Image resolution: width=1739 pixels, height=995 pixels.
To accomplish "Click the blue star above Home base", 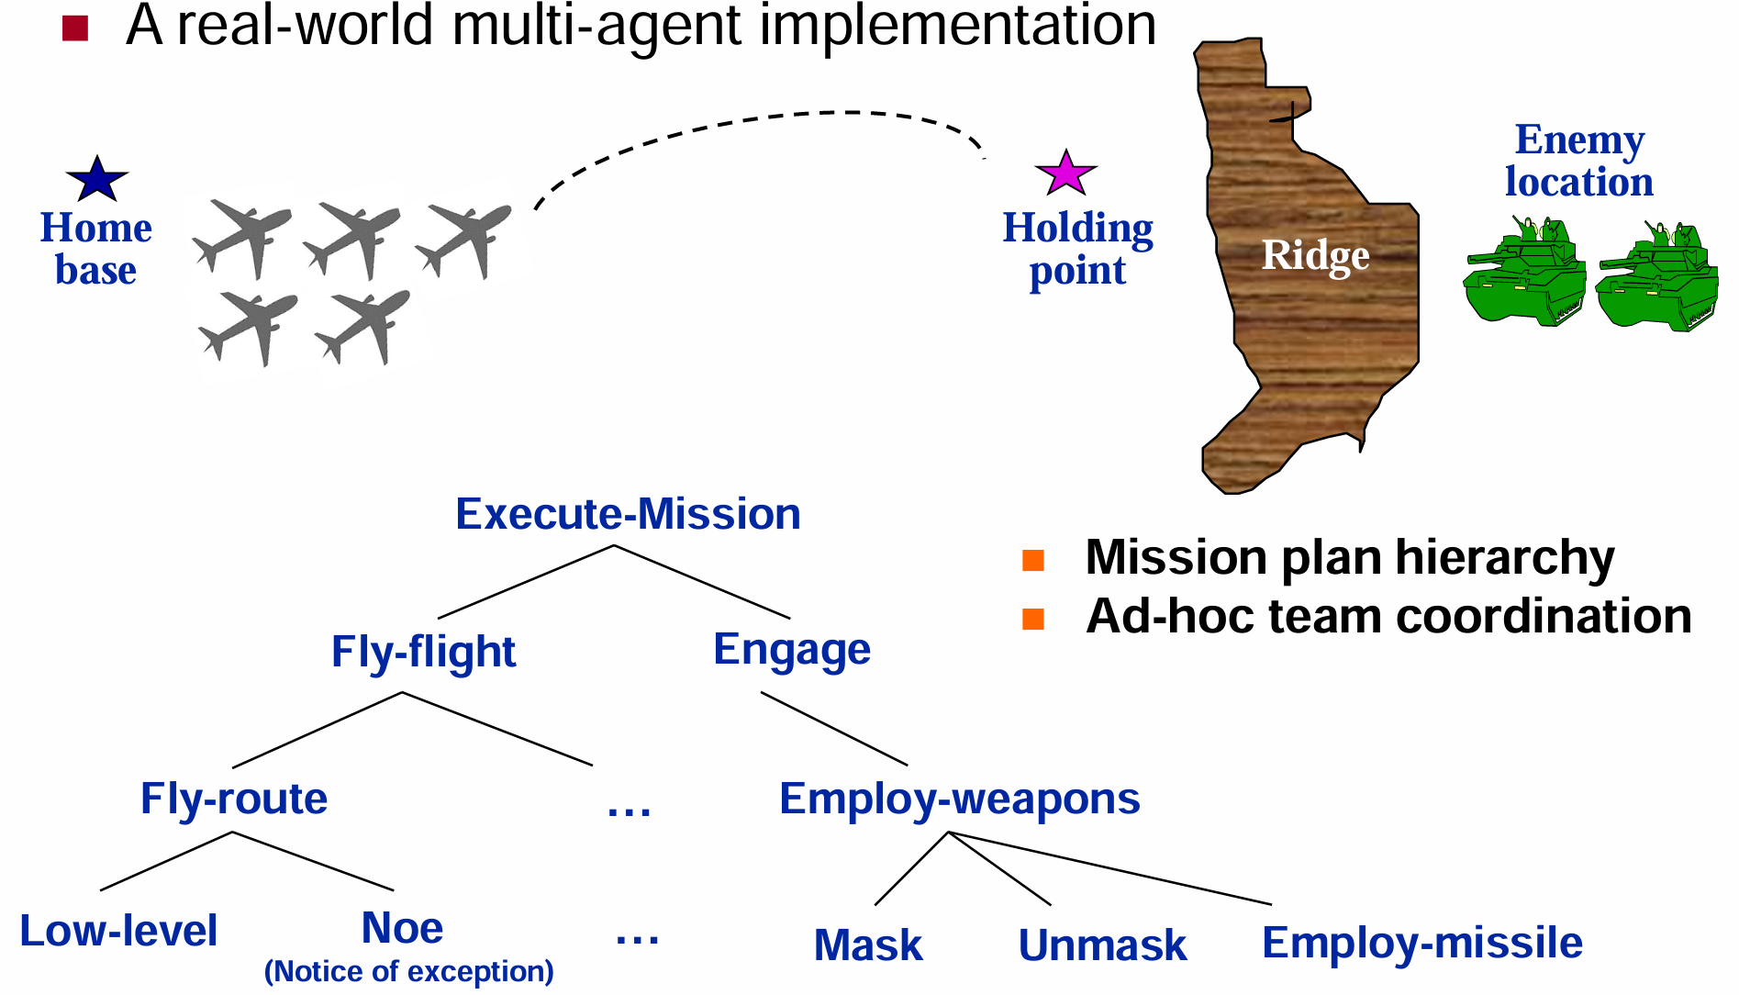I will pyautogui.click(x=97, y=179).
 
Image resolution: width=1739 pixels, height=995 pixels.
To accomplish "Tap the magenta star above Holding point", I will pyautogui.click(x=1065, y=173).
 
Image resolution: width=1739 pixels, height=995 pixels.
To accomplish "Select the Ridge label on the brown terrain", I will pyautogui.click(x=1315, y=255).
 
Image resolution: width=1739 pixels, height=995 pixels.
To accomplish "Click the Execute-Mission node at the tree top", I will pyautogui.click(x=628, y=514).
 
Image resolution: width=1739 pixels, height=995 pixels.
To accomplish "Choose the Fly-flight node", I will pyautogui.click(x=423, y=652).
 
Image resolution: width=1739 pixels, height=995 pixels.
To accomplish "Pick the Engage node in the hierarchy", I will pyautogui.click(x=792, y=650).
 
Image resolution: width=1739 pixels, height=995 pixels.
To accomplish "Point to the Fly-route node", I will pyautogui.click(x=234, y=799).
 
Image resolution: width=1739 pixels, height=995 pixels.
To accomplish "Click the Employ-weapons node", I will pyautogui.click(x=959, y=799).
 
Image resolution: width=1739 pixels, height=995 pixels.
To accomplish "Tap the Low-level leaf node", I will pyautogui.click(x=118, y=931).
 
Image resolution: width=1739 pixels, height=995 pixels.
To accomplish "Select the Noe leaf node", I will pyautogui.click(x=402, y=928).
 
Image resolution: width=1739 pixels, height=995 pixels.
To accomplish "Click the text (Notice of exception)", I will pyautogui.click(x=409, y=971).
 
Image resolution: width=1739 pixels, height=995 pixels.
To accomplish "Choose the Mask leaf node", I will pyautogui.click(x=868, y=945).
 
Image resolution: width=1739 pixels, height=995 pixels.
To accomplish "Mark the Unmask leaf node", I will pyautogui.click(x=1102, y=945).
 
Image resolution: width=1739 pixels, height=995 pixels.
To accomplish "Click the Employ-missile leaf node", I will pyautogui.click(x=1422, y=943).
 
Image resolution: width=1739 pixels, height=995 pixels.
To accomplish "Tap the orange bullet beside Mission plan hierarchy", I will pyautogui.click(x=1033, y=560).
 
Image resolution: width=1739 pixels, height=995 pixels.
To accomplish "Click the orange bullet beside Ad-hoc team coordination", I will pyautogui.click(x=1033, y=619).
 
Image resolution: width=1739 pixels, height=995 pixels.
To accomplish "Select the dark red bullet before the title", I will pyautogui.click(x=75, y=28).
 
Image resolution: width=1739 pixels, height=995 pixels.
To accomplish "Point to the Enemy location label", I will pyautogui.click(x=1579, y=161).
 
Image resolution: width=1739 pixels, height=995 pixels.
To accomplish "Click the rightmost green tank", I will pyautogui.click(x=1657, y=277).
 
